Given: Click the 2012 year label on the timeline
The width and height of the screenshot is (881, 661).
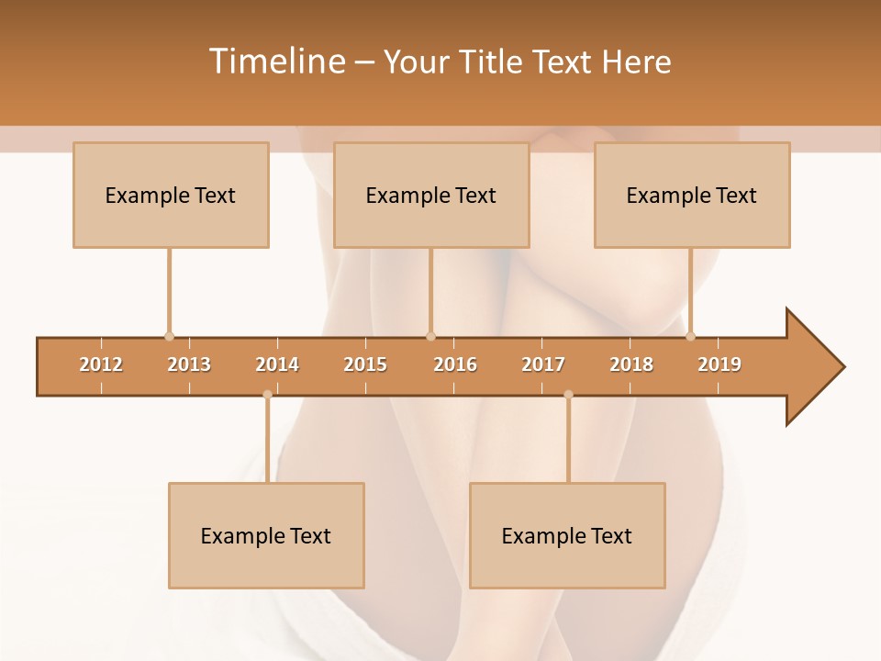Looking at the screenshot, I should pos(101,364).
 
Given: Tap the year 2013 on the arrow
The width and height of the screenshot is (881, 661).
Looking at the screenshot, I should pos(189,364).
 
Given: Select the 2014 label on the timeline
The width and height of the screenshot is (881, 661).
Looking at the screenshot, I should pos(277,364).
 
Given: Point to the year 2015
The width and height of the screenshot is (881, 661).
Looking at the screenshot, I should pos(365,364).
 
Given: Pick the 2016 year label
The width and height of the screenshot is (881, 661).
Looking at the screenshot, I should pos(455,364).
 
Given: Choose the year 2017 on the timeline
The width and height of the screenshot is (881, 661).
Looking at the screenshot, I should pos(543,364).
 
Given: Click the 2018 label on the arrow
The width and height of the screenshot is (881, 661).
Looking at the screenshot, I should pos(631,364).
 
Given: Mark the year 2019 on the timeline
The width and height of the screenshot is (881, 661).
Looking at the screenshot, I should pos(719,364).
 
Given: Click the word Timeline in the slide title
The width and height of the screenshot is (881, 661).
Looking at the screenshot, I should pos(274,62).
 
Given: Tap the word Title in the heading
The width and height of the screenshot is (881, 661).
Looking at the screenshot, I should pos(493,62).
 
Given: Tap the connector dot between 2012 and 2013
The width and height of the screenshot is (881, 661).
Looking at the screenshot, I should pos(169,337).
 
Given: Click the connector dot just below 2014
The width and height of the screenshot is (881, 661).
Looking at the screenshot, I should pos(267,395).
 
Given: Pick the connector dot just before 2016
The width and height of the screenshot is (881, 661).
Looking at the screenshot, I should pos(430,337).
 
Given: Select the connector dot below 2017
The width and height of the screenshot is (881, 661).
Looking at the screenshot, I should pos(568,395).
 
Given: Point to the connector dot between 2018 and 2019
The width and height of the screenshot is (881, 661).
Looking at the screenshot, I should pos(690,337).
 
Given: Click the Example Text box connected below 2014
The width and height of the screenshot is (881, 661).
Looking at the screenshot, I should pos(266,535).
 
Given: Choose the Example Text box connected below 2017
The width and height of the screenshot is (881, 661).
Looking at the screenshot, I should pos(567,535).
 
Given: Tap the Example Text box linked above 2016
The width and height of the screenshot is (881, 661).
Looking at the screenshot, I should pos(431,195).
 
